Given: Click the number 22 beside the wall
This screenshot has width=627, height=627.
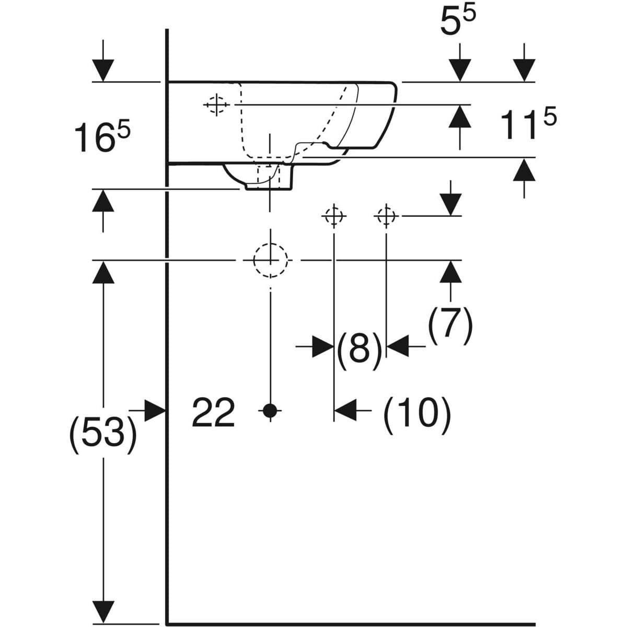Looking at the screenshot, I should (x=213, y=412).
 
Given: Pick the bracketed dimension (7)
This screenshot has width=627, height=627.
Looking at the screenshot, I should (x=450, y=325).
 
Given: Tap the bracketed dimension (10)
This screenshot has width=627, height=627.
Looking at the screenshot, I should (x=416, y=414).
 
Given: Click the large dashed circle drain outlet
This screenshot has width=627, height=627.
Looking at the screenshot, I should (x=271, y=260).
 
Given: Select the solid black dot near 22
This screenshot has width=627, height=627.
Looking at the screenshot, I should (x=270, y=411).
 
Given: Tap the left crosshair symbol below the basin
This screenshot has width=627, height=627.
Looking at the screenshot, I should (x=333, y=215).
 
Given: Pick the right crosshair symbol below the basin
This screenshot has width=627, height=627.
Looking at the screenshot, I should (x=386, y=215).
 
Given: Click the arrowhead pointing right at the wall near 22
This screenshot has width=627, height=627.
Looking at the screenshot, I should (x=155, y=411).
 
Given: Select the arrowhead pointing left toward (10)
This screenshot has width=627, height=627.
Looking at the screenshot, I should (x=345, y=411).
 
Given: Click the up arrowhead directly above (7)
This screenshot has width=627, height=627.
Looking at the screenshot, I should (x=450, y=272).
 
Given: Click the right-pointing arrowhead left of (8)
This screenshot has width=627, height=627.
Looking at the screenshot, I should (x=322, y=346).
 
